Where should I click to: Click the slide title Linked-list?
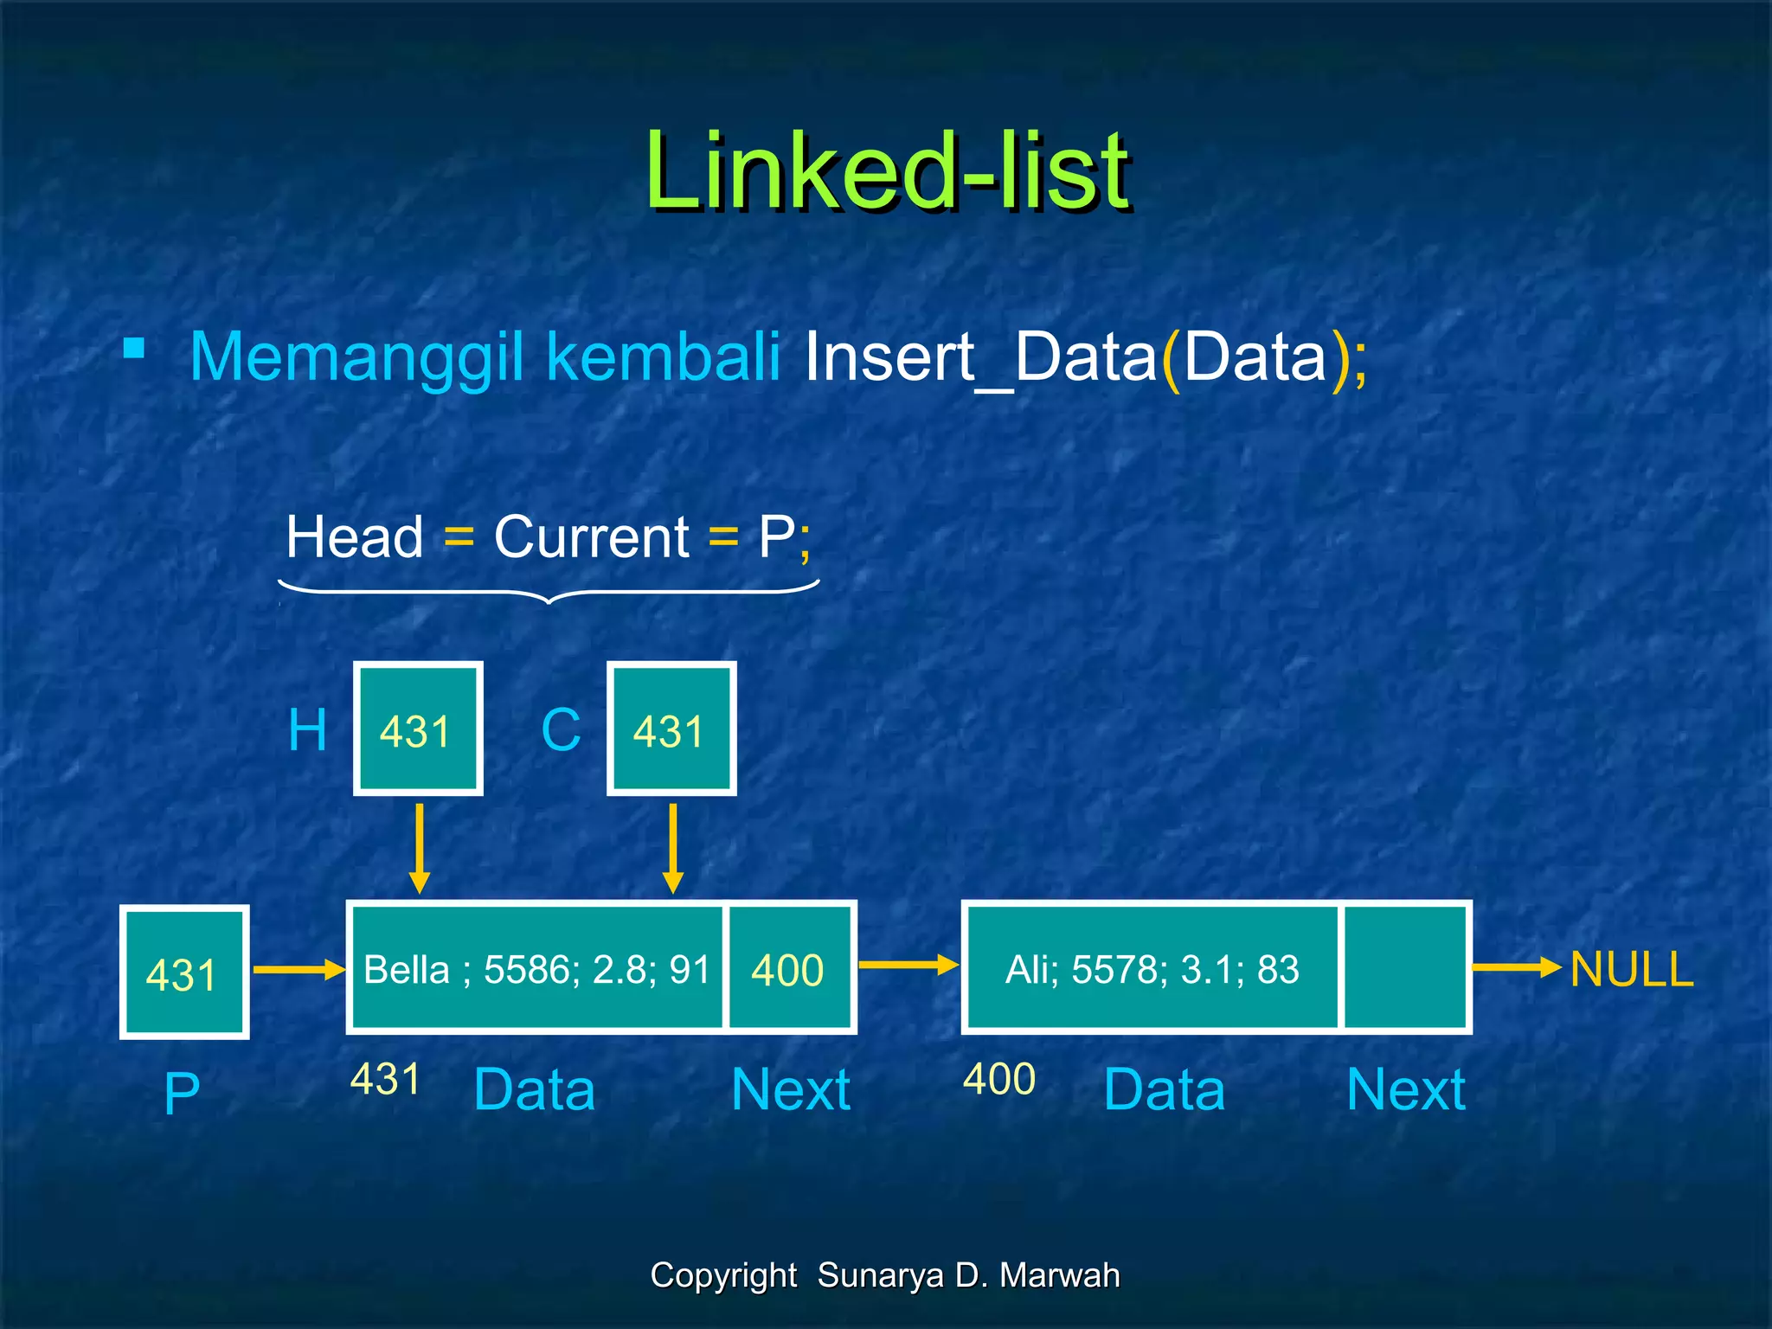click(x=887, y=170)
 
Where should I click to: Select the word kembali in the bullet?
click(x=664, y=356)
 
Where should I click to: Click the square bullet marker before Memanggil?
click(x=134, y=349)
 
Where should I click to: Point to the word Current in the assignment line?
click(x=591, y=537)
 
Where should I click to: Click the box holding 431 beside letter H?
click(x=418, y=729)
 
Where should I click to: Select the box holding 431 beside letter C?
click(x=671, y=729)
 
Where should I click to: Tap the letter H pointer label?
click(x=307, y=730)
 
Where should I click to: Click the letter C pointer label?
click(x=561, y=730)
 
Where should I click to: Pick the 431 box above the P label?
click(x=184, y=972)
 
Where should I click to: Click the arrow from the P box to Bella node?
click(x=299, y=970)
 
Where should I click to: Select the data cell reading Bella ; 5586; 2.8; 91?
click(x=536, y=968)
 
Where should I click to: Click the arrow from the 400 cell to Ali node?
click(x=908, y=965)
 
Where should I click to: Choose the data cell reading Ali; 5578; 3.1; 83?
click(x=1152, y=968)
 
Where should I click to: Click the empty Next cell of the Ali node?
click(x=1405, y=968)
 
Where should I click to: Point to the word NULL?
click(x=1631, y=969)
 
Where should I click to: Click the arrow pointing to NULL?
click(x=1516, y=967)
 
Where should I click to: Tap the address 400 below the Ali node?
click(x=999, y=1079)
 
